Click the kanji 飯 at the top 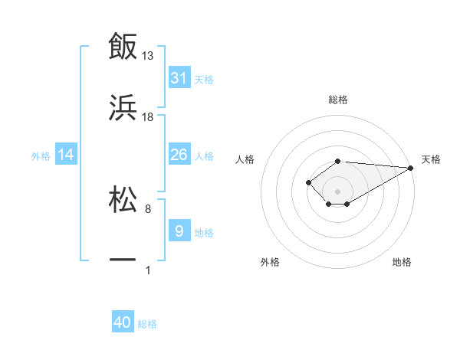tap(123, 47)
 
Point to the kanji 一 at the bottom tap(123, 260)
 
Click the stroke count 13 tap(148, 56)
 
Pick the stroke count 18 tap(148, 116)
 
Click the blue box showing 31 tap(179, 78)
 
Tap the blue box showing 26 tap(179, 155)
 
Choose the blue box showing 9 tap(179, 231)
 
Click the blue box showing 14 tap(66, 155)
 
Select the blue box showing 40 tap(123, 322)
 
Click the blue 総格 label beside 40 tap(147, 324)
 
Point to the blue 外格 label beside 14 tap(41, 156)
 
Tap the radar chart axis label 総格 tap(337, 100)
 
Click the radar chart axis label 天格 tap(431, 159)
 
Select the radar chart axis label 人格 tap(245, 159)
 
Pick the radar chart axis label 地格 tap(402, 262)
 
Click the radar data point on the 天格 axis tap(411, 168)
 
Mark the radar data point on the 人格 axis tap(308, 182)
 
